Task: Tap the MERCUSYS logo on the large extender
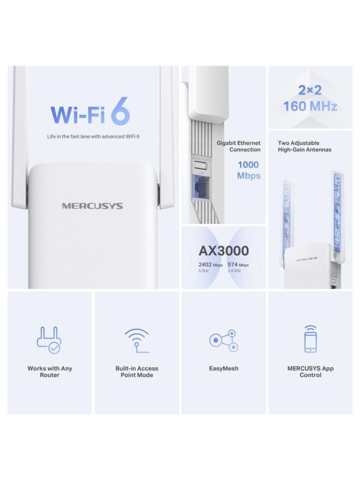92,206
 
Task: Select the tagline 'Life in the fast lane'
93,136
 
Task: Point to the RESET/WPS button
202,165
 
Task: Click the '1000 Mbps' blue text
248,170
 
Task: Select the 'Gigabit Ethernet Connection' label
239,146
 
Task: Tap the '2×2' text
310,90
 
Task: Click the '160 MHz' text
310,106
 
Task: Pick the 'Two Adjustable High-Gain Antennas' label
304,146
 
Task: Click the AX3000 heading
224,251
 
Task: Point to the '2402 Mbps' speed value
210,265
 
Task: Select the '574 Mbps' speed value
238,265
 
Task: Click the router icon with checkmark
49,340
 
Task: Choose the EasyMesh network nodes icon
224,340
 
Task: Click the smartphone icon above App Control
310,339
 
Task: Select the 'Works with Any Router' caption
50,372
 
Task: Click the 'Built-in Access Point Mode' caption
137,372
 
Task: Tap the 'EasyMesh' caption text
224,368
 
